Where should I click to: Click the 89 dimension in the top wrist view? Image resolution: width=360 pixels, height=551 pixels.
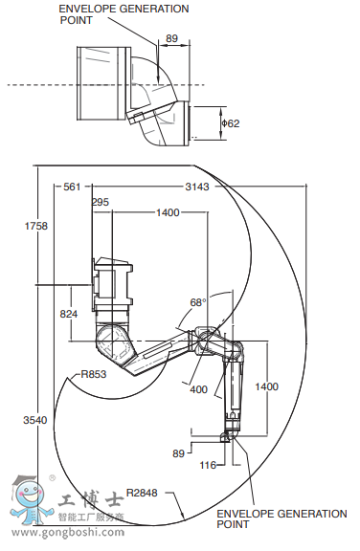171,38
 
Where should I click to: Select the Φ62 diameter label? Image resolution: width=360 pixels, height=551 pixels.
231,123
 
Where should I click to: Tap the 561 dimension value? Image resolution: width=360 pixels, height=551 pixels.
72,187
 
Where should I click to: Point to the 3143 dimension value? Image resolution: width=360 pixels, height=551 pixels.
197,187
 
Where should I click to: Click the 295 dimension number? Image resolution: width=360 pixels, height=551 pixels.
101,202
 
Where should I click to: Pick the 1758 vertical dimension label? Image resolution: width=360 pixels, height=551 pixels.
35,226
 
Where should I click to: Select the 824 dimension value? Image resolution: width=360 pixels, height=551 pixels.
69,314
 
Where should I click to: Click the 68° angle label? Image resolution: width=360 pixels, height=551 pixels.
198,302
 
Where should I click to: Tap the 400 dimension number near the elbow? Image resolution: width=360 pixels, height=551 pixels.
198,389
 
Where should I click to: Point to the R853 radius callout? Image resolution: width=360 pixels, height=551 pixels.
94,374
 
